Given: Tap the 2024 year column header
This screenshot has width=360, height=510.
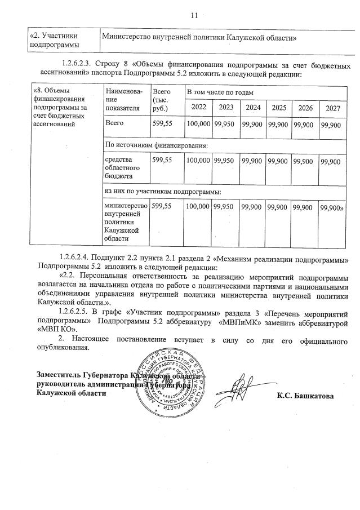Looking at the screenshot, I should pos(252,107).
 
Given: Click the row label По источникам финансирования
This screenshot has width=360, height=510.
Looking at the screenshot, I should pos(157,145).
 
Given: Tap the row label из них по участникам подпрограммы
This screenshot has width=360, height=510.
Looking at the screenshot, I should pos(163,193).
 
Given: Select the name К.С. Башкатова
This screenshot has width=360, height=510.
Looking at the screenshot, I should pos(305,396).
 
